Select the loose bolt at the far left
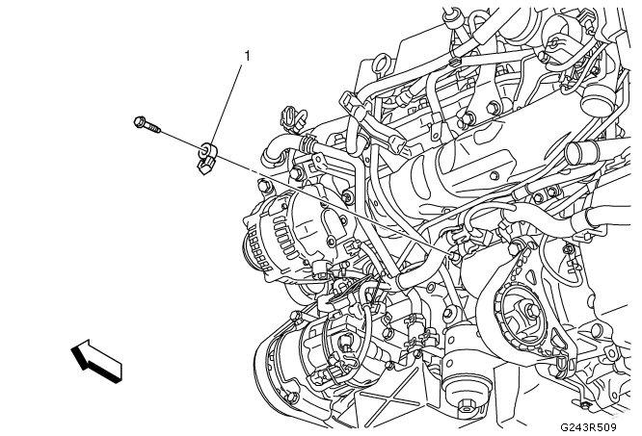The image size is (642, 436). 145,124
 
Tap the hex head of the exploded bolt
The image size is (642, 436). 138,121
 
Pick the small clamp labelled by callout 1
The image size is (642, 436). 205,159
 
